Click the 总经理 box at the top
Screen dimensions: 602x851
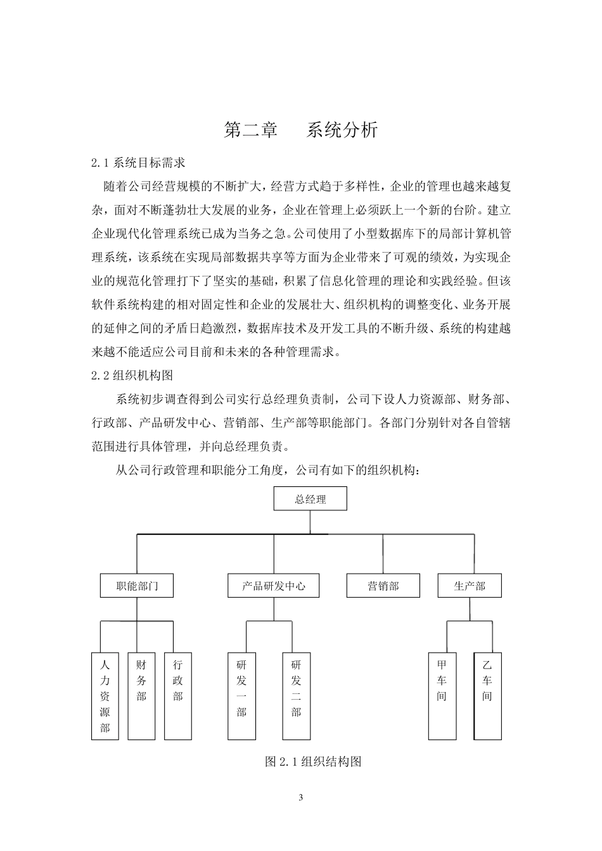click(310, 499)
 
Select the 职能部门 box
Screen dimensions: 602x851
click(137, 586)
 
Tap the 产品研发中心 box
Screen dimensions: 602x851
click(274, 586)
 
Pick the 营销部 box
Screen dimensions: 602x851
click(383, 586)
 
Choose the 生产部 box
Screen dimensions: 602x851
click(470, 586)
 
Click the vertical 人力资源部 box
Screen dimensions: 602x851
click(105, 696)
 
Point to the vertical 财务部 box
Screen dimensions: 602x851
click(141, 696)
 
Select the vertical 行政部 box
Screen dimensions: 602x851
click(177, 696)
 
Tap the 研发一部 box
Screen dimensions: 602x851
click(241, 696)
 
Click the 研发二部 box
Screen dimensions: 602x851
click(296, 696)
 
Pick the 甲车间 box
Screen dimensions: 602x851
click(442, 696)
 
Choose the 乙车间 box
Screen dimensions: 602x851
click(487, 696)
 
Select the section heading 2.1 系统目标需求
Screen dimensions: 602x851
click(138, 163)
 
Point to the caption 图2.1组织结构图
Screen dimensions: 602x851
click(313, 762)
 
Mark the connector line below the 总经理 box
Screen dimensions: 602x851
click(310, 522)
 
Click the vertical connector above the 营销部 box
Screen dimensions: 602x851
click(383, 554)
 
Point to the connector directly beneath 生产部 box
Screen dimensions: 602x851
click(470, 608)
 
